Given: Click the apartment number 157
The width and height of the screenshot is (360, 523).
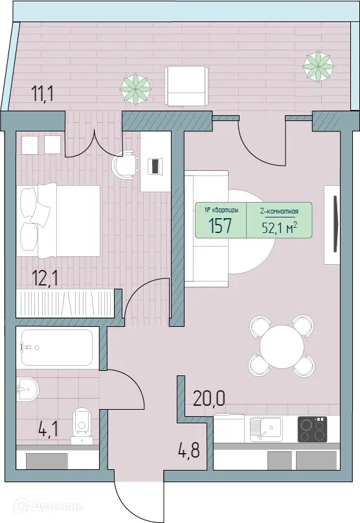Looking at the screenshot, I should point(220,227).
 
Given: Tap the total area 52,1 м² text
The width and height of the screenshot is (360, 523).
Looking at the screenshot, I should point(279,227).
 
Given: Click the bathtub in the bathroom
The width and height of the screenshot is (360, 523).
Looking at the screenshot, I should point(57,348).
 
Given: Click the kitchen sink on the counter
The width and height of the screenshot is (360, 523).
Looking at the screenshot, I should point(265,428).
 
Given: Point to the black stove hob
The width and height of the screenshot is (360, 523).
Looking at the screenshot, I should point(312,429).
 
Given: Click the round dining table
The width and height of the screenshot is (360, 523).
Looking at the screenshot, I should point(282,346).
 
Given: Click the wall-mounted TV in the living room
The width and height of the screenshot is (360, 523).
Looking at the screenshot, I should point(335,223).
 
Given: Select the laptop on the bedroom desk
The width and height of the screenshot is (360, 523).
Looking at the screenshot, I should point(155,166).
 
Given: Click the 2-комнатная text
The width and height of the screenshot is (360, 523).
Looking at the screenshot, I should point(279,210).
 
